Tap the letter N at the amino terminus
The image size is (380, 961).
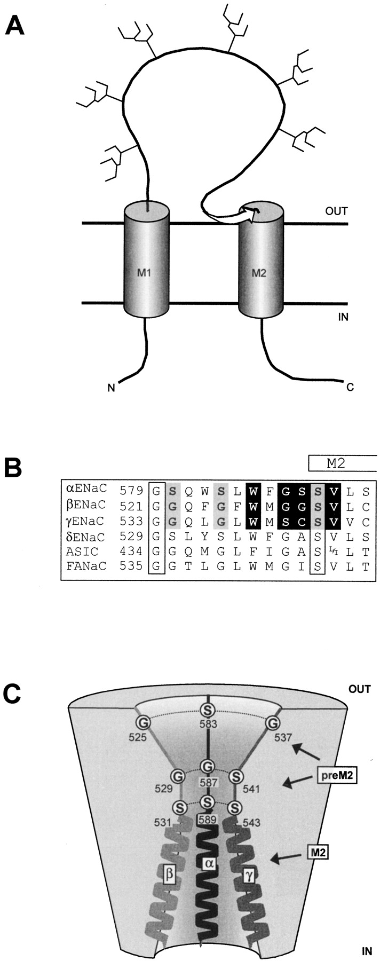(112, 388)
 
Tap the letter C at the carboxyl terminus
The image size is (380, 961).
(350, 386)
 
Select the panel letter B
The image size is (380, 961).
(14, 468)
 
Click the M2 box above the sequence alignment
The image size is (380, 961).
(342, 463)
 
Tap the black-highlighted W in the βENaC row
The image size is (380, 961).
(252, 504)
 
